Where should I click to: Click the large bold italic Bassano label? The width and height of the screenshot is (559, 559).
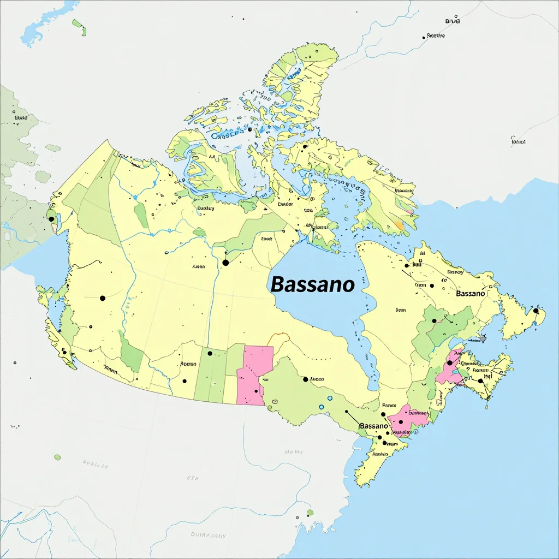point(312,284)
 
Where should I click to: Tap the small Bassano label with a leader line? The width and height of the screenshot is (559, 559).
point(373,425)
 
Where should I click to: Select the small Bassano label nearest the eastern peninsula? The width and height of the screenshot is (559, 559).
point(470,294)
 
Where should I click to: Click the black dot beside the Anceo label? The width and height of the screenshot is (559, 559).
point(305,379)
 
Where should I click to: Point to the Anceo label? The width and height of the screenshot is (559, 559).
point(317,379)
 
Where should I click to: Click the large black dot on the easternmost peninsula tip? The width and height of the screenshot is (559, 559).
point(536,311)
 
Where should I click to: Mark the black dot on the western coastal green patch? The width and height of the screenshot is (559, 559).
point(51,219)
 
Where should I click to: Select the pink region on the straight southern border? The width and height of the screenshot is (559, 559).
point(254,374)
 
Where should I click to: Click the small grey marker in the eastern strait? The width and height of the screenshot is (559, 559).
point(481,339)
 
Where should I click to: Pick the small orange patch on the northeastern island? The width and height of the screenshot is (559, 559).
point(400,225)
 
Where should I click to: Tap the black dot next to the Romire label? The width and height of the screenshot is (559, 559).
point(424,38)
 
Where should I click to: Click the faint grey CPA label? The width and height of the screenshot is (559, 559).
point(192,478)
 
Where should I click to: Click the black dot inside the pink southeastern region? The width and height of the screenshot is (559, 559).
point(450,362)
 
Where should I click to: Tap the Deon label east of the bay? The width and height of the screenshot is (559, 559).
point(401,310)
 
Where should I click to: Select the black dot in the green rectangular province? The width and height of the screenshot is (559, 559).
point(210,353)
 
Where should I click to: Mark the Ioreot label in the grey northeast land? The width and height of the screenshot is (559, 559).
point(518,141)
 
